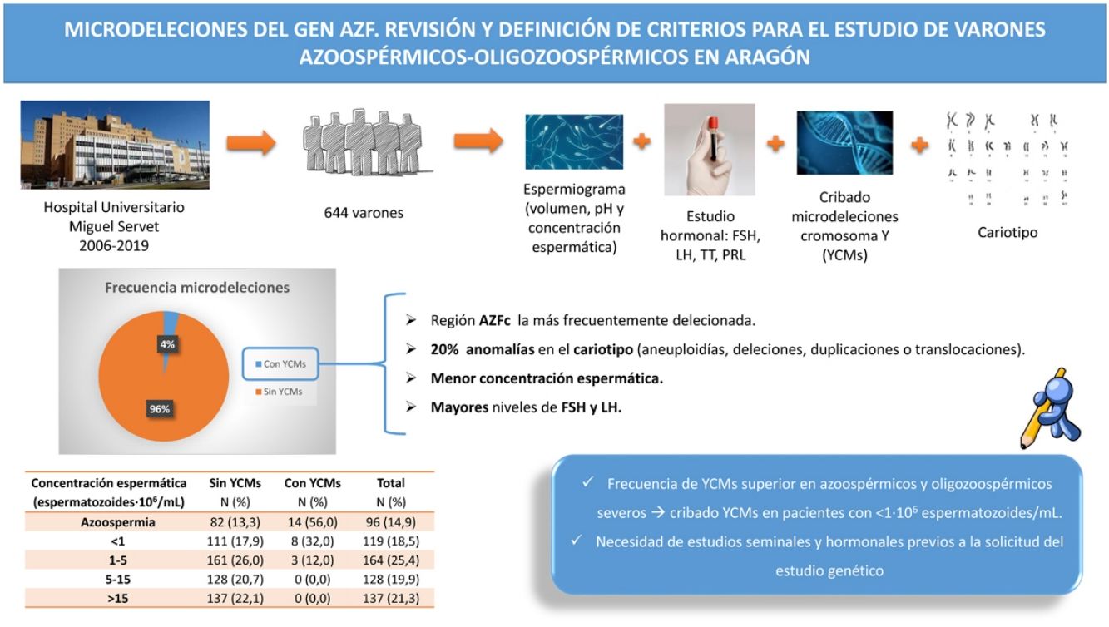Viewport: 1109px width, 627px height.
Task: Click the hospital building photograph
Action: pyautogui.click(x=115, y=145)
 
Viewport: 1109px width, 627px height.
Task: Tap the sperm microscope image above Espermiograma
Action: pyautogui.click(x=574, y=142)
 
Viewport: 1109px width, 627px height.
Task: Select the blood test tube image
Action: pyautogui.click(x=710, y=150)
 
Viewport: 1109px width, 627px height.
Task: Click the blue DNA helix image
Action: pyautogui.click(x=844, y=142)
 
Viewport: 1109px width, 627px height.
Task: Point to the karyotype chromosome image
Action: pyautogui.click(x=1008, y=159)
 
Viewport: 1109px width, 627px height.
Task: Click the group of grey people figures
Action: pyautogui.click(x=363, y=142)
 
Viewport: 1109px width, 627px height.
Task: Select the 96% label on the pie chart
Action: pyautogui.click(x=160, y=408)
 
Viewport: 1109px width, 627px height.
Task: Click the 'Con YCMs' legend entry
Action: pyautogui.click(x=283, y=363)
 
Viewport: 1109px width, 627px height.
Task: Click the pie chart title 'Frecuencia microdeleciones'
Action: pyautogui.click(x=196, y=288)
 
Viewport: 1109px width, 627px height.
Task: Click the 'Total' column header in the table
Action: pyautogui.click(x=390, y=483)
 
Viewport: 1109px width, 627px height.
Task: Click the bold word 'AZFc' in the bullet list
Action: pyautogui.click(x=495, y=320)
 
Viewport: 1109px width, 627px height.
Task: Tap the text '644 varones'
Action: pyautogui.click(x=364, y=213)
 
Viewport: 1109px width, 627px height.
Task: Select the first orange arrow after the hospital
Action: pyautogui.click(x=250, y=142)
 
